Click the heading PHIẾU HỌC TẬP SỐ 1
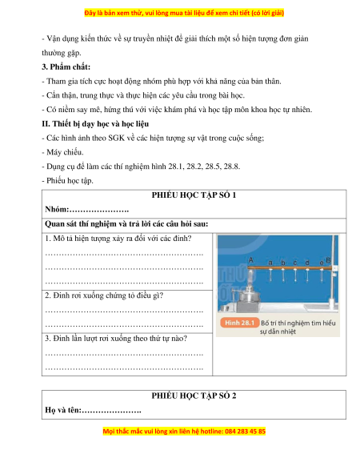(194, 195)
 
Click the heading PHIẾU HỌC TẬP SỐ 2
(194, 396)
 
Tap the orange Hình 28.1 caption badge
(239, 323)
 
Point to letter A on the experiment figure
(250, 260)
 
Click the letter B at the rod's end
(328, 260)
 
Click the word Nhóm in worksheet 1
(56, 209)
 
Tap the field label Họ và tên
(62, 410)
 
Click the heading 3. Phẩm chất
(66, 67)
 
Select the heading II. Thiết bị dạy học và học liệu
(95, 123)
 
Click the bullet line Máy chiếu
(62, 152)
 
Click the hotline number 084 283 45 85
(245, 432)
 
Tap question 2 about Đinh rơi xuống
(104, 295)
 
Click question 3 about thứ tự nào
(116, 339)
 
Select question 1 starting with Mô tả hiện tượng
(118, 239)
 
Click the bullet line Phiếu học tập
(67, 181)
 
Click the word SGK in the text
(117, 138)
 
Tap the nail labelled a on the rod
(270, 275)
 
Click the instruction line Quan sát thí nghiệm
(126, 223)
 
